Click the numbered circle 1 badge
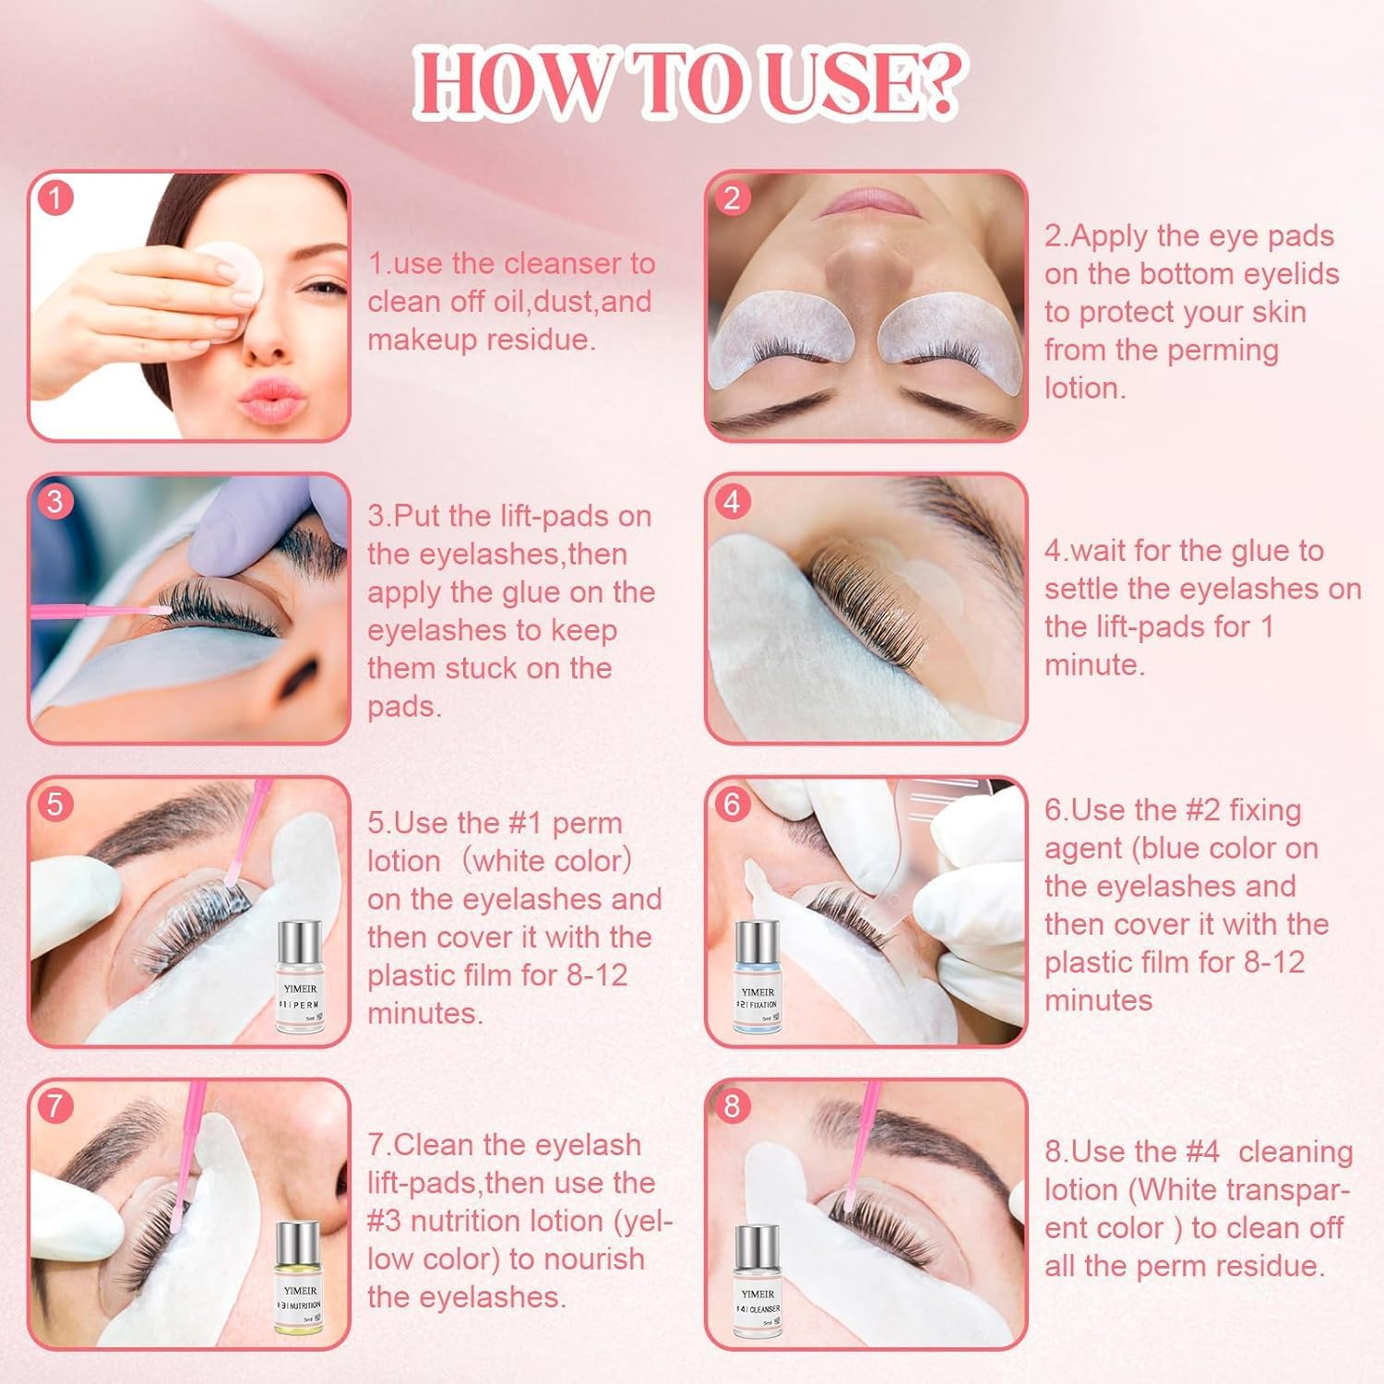56,198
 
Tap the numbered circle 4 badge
733,501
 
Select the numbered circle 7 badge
56,1105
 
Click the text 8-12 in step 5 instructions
598,975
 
